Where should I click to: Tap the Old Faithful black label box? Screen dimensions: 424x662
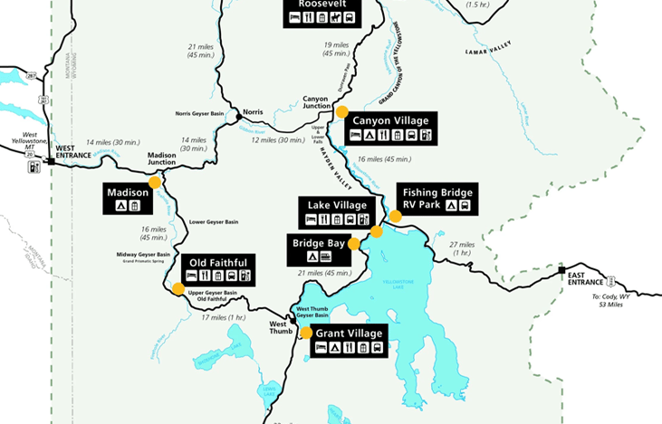tap(216, 269)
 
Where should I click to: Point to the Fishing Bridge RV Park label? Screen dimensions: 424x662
tap(437, 199)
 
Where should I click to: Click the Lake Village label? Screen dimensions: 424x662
tap(337, 212)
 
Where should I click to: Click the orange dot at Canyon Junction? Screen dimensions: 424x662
tap(341, 112)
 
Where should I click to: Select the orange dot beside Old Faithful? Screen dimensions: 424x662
tap(177, 289)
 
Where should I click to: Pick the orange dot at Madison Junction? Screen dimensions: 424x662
tap(155, 182)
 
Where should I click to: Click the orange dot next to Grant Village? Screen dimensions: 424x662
tap(306, 333)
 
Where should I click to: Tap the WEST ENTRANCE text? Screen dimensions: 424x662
tap(73, 151)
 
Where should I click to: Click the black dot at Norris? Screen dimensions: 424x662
tap(238, 117)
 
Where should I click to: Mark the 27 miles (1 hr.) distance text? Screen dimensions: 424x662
tap(460, 249)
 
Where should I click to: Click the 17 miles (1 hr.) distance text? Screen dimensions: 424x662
tap(224, 317)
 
